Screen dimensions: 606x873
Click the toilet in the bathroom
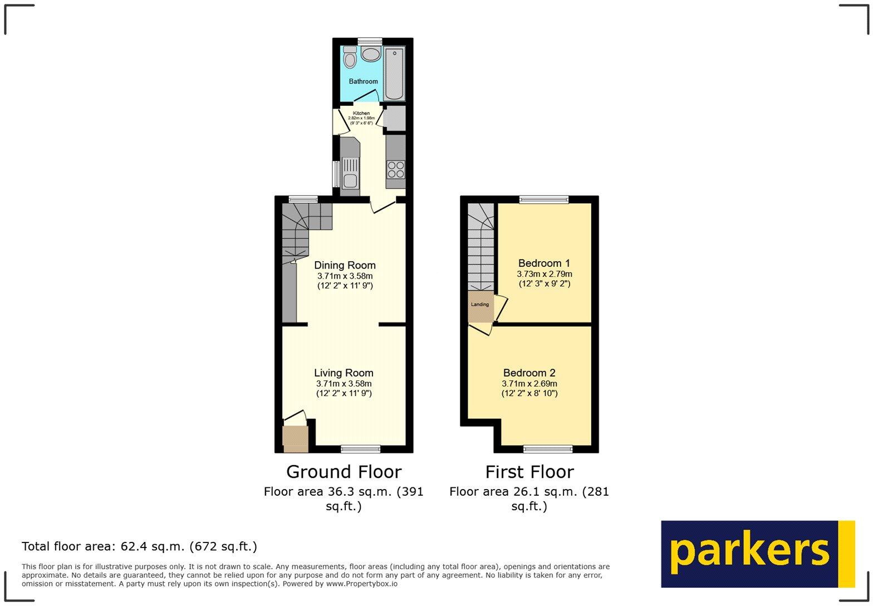(x=350, y=58)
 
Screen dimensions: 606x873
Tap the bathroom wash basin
(x=370, y=54)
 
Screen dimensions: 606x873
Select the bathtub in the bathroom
(x=394, y=74)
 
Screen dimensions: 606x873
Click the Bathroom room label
(x=363, y=81)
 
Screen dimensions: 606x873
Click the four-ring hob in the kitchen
(x=396, y=169)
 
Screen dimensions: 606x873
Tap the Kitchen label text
(x=361, y=113)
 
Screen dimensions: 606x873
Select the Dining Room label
(x=345, y=265)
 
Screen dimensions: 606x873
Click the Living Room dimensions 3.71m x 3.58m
(x=344, y=384)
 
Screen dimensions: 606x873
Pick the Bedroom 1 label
(x=544, y=263)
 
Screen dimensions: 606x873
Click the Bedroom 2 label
(x=529, y=373)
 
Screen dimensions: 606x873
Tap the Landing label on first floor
(x=480, y=305)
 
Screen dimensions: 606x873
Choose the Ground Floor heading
(x=344, y=472)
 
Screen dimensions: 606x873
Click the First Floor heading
(x=529, y=472)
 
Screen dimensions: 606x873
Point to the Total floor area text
(x=139, y=546)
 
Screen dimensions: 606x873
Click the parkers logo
(x=757, y=554)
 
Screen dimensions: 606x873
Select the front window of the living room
(x=361, y=448)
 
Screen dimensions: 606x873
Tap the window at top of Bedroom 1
(x=544, y=199)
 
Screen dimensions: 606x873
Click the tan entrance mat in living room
(x=295, y=438)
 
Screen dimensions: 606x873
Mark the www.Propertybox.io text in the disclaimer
(x=361, y=584)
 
